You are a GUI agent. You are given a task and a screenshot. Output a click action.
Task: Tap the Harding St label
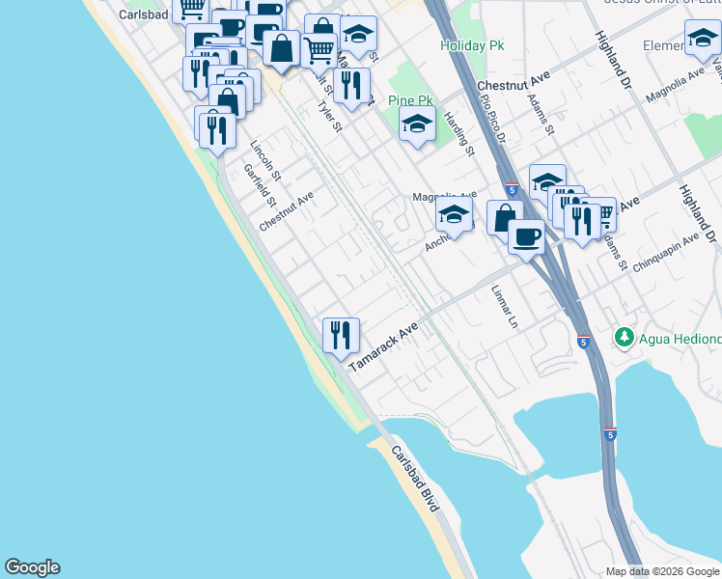tap(459, 133)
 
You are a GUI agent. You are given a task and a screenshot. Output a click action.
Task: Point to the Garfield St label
tap(260, 185)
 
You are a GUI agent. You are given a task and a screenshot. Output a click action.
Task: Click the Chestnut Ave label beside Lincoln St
tap(287, 210)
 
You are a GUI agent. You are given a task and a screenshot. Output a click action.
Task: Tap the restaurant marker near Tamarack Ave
tap(341, 336)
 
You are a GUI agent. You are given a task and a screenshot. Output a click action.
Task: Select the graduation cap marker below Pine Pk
tap(417, 125)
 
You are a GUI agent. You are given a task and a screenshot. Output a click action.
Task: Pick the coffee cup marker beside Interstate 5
tap(527, 236)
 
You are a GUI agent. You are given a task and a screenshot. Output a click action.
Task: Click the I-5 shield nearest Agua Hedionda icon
tap(584, 342)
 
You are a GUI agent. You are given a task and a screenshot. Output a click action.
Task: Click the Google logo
tap(32, 567)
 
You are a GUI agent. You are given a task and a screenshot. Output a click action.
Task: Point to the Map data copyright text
tap(663, 571)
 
